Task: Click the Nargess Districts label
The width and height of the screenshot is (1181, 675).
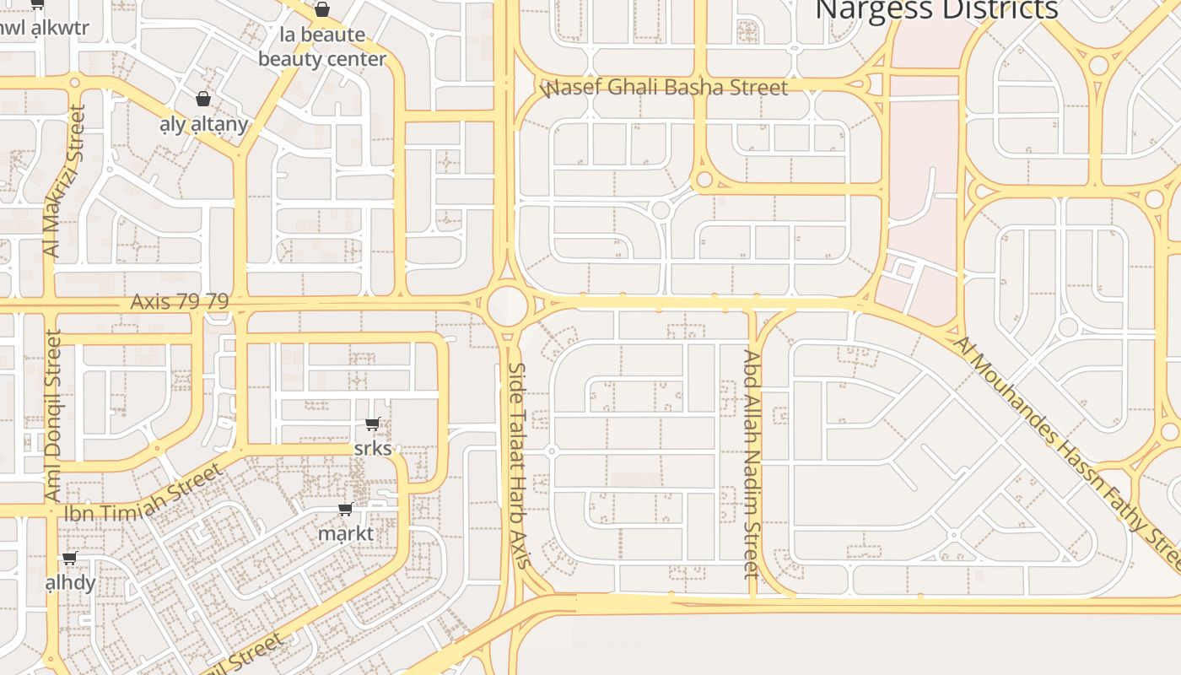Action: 937,9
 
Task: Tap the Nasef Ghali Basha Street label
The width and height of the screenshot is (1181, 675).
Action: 667,88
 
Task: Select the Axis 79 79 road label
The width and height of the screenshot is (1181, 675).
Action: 180,301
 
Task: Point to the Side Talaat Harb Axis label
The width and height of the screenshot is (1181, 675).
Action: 518,465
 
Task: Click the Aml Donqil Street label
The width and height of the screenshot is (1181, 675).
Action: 52,415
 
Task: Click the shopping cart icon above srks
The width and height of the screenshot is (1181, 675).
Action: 372,424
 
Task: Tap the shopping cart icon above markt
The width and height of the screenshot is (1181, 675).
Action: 345,510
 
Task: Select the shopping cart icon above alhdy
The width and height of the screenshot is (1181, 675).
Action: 69,559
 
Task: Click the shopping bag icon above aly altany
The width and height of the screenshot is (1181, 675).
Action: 202,100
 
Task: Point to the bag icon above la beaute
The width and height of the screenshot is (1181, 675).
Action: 321,10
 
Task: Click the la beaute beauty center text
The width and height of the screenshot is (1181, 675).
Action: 322,47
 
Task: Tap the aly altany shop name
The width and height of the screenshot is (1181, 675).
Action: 204,125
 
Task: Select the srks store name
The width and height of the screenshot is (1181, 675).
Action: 373,448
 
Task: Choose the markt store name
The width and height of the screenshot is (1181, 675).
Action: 345,533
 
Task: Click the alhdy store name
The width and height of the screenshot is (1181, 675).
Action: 70,583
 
